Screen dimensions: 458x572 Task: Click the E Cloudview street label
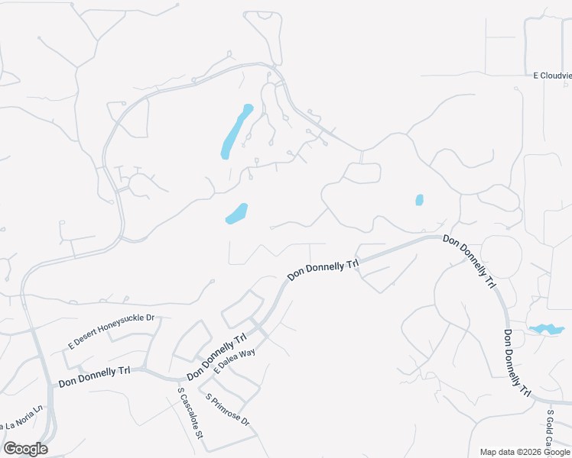point(552,76)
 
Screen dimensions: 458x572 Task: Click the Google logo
point(24,449)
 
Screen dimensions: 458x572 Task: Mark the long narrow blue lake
point(236,131)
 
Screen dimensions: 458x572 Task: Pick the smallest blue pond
point(419,200)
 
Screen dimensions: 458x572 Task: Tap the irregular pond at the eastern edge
point(546,329)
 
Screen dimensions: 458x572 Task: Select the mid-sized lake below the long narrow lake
point(237,214)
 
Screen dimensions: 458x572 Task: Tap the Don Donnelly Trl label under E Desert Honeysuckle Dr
point(94,376)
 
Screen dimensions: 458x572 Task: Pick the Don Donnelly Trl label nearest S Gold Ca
point(516,363)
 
